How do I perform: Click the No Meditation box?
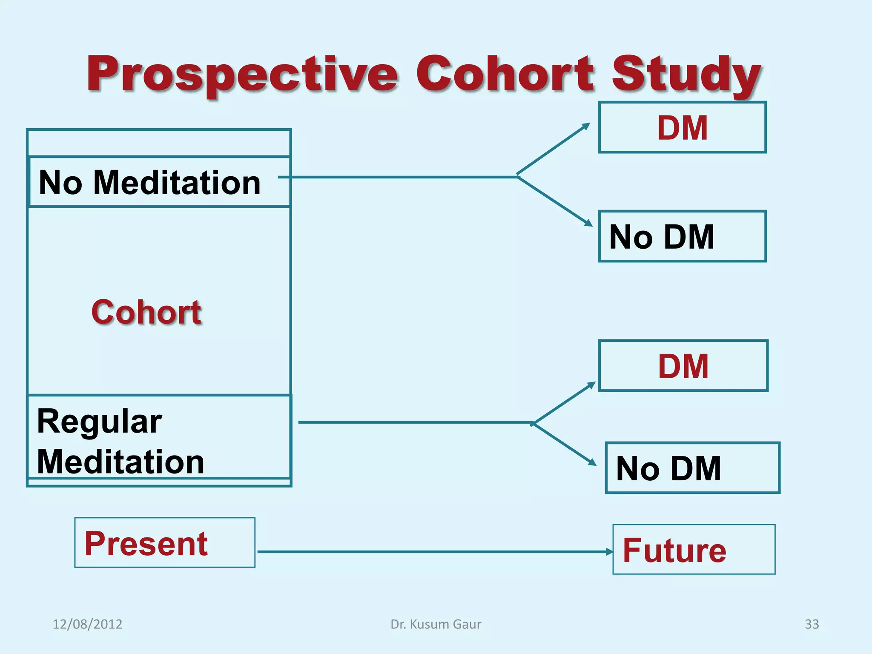[x=159, y=182]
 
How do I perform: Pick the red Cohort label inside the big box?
[x=146, y=312]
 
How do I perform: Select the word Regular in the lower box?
[x=99, y=422]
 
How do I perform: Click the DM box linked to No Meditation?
[x=682, y=127]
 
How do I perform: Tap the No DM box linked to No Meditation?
[x=682, y=236]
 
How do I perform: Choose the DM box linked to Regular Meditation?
[x=683, y=366]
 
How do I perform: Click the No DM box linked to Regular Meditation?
[x=692, y=468]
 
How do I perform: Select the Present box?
[x=165, y=543]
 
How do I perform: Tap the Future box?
[x=694, y=550]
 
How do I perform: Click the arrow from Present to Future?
[x=434, y=552]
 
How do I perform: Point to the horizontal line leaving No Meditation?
[x=400, y=177]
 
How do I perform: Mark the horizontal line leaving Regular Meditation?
[x=413, y=422]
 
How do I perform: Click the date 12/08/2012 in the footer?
[x=87, y=624]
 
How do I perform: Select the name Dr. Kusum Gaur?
[x=436, y=624]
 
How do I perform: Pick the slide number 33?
[x=812, y=624]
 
